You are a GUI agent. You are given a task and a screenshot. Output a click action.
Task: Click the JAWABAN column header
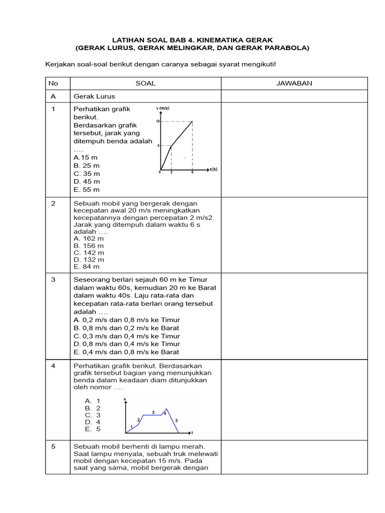pyautogui.click(x=294, y=83)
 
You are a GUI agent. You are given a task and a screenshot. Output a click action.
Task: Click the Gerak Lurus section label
pyautogui.click(x=94, y=96)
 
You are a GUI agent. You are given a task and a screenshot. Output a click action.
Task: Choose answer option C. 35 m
pyautogui.click(x=87, y=173)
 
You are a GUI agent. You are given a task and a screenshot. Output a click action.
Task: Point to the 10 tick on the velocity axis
pyautogui.click(x=157, y=122)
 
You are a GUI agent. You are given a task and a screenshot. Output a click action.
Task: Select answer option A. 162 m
pyautogui.click(x=89, y=238)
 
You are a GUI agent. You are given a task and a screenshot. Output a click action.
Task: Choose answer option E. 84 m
pyautogui.click(x=87, y=267)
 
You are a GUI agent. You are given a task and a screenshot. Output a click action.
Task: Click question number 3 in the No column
pyautogui.click(x=53, y=280)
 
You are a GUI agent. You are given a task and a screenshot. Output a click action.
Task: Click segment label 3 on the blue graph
pyautogui.click(x=153, y=412)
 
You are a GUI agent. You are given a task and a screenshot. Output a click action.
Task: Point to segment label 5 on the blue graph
pyautogui.click(x=176, y=420)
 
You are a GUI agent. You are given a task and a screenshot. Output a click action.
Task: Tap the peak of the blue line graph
pyautogui.click(x=166, y=409)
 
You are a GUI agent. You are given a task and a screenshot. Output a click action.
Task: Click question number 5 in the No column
pyautogui.click(x=53, y=446)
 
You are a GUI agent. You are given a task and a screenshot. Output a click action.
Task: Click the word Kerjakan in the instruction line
pyautogui.click(x=60, y=64)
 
